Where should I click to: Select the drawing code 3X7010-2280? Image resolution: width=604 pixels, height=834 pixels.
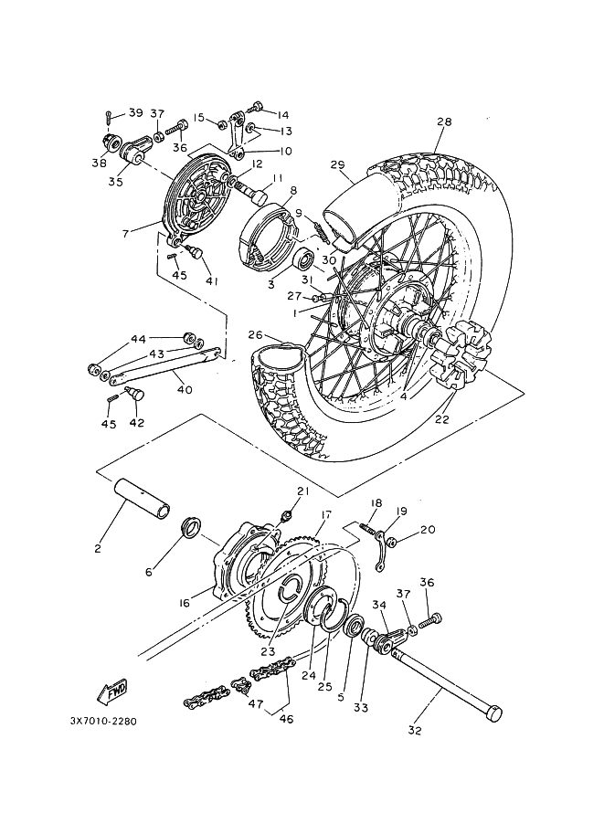click(x=103, y=722)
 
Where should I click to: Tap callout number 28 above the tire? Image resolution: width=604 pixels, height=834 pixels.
click(x=444, y=121)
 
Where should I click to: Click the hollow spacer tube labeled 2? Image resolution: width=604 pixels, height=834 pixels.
click(x=143, y=497)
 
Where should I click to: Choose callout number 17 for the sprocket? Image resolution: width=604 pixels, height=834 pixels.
click(x=326, y=514)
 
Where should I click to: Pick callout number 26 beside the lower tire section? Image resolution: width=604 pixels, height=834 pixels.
click(x=256, y=334)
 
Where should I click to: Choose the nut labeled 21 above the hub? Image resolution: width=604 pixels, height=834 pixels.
click(x=286, y=513)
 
